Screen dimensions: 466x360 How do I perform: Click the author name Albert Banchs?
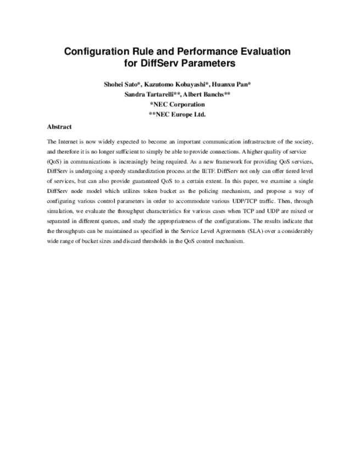(208, 94)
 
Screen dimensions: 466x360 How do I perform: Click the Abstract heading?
(59, 126)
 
